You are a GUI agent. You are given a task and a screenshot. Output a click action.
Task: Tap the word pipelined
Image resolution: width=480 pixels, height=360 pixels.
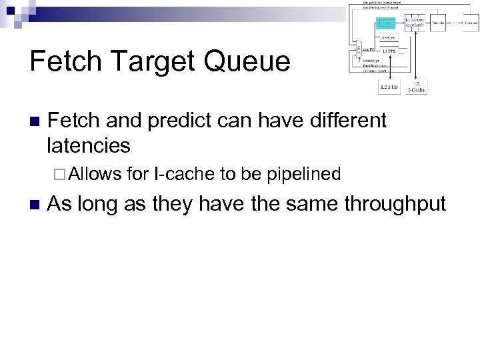coord(303,175)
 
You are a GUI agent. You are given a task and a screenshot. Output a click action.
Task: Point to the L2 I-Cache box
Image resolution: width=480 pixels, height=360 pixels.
coord(417,85)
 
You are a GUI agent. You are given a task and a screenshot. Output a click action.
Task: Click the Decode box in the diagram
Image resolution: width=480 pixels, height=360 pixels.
coord(438,23)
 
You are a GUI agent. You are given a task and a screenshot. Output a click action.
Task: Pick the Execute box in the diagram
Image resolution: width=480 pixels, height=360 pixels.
coord(471,23)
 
